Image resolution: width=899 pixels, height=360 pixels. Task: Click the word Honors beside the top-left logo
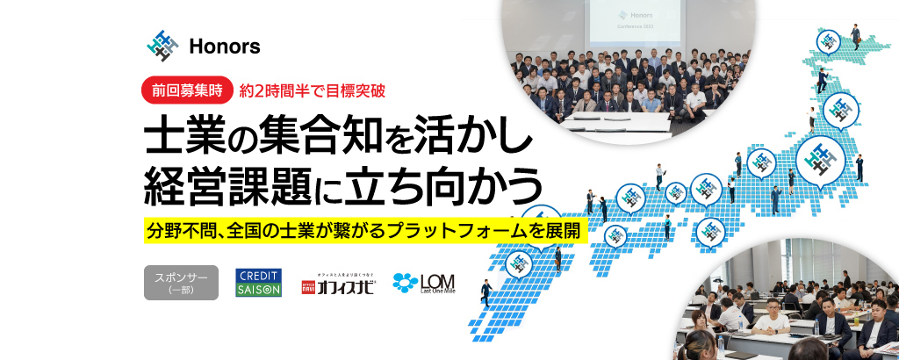[x=224, y=47]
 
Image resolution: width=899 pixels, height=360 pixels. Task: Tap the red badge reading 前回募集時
[x=187, y=89]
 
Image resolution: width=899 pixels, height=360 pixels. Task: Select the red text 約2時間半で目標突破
[x=313, y=89]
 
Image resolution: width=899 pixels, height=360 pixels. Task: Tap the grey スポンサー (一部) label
[x=181, y=283]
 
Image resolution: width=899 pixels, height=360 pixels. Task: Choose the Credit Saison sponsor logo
[x=258, y=283]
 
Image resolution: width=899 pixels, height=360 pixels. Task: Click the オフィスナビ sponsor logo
[x=338, y=284]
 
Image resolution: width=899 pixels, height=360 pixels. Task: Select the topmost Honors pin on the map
[x=827, y=41]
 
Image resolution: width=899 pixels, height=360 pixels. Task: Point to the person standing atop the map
[x=855, y=35]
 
